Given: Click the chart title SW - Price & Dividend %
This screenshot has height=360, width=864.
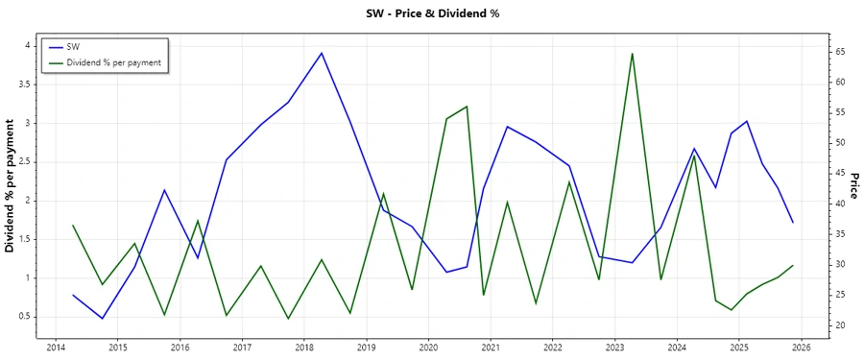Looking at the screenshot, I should pos(433,13).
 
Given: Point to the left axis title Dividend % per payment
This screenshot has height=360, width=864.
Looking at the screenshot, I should pos(11,186).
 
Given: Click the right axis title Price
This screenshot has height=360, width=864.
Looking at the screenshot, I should pos(852,186).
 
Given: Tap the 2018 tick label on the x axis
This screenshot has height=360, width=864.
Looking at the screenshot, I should pos(304,348).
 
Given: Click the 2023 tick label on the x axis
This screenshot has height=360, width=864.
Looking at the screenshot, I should pos(615,348).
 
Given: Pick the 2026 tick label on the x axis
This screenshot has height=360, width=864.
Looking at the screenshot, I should pos(803,348).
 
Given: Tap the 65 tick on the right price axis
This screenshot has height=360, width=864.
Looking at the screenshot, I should pos(837,52).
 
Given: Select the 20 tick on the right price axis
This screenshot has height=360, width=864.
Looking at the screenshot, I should pos(837,325).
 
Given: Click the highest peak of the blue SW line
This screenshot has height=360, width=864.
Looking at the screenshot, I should pos(322,53).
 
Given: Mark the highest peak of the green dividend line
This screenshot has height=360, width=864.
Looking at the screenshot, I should pos(632,54).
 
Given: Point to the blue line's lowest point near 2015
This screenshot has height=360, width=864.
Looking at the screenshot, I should pos(102,318).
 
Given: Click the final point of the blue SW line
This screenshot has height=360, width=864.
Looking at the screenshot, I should pos(793,223).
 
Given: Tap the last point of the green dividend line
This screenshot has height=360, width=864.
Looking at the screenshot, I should pos(793,265).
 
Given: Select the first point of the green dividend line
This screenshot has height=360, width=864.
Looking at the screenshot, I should pos(73,226).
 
